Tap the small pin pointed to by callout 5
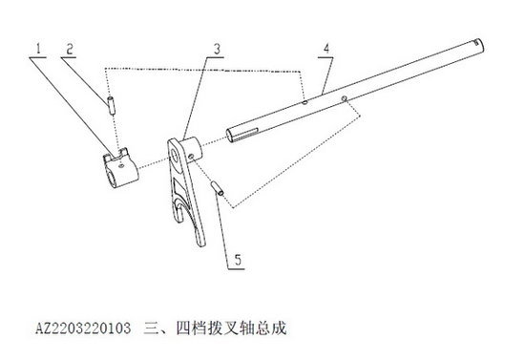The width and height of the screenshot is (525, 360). click(x=219, y=189)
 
